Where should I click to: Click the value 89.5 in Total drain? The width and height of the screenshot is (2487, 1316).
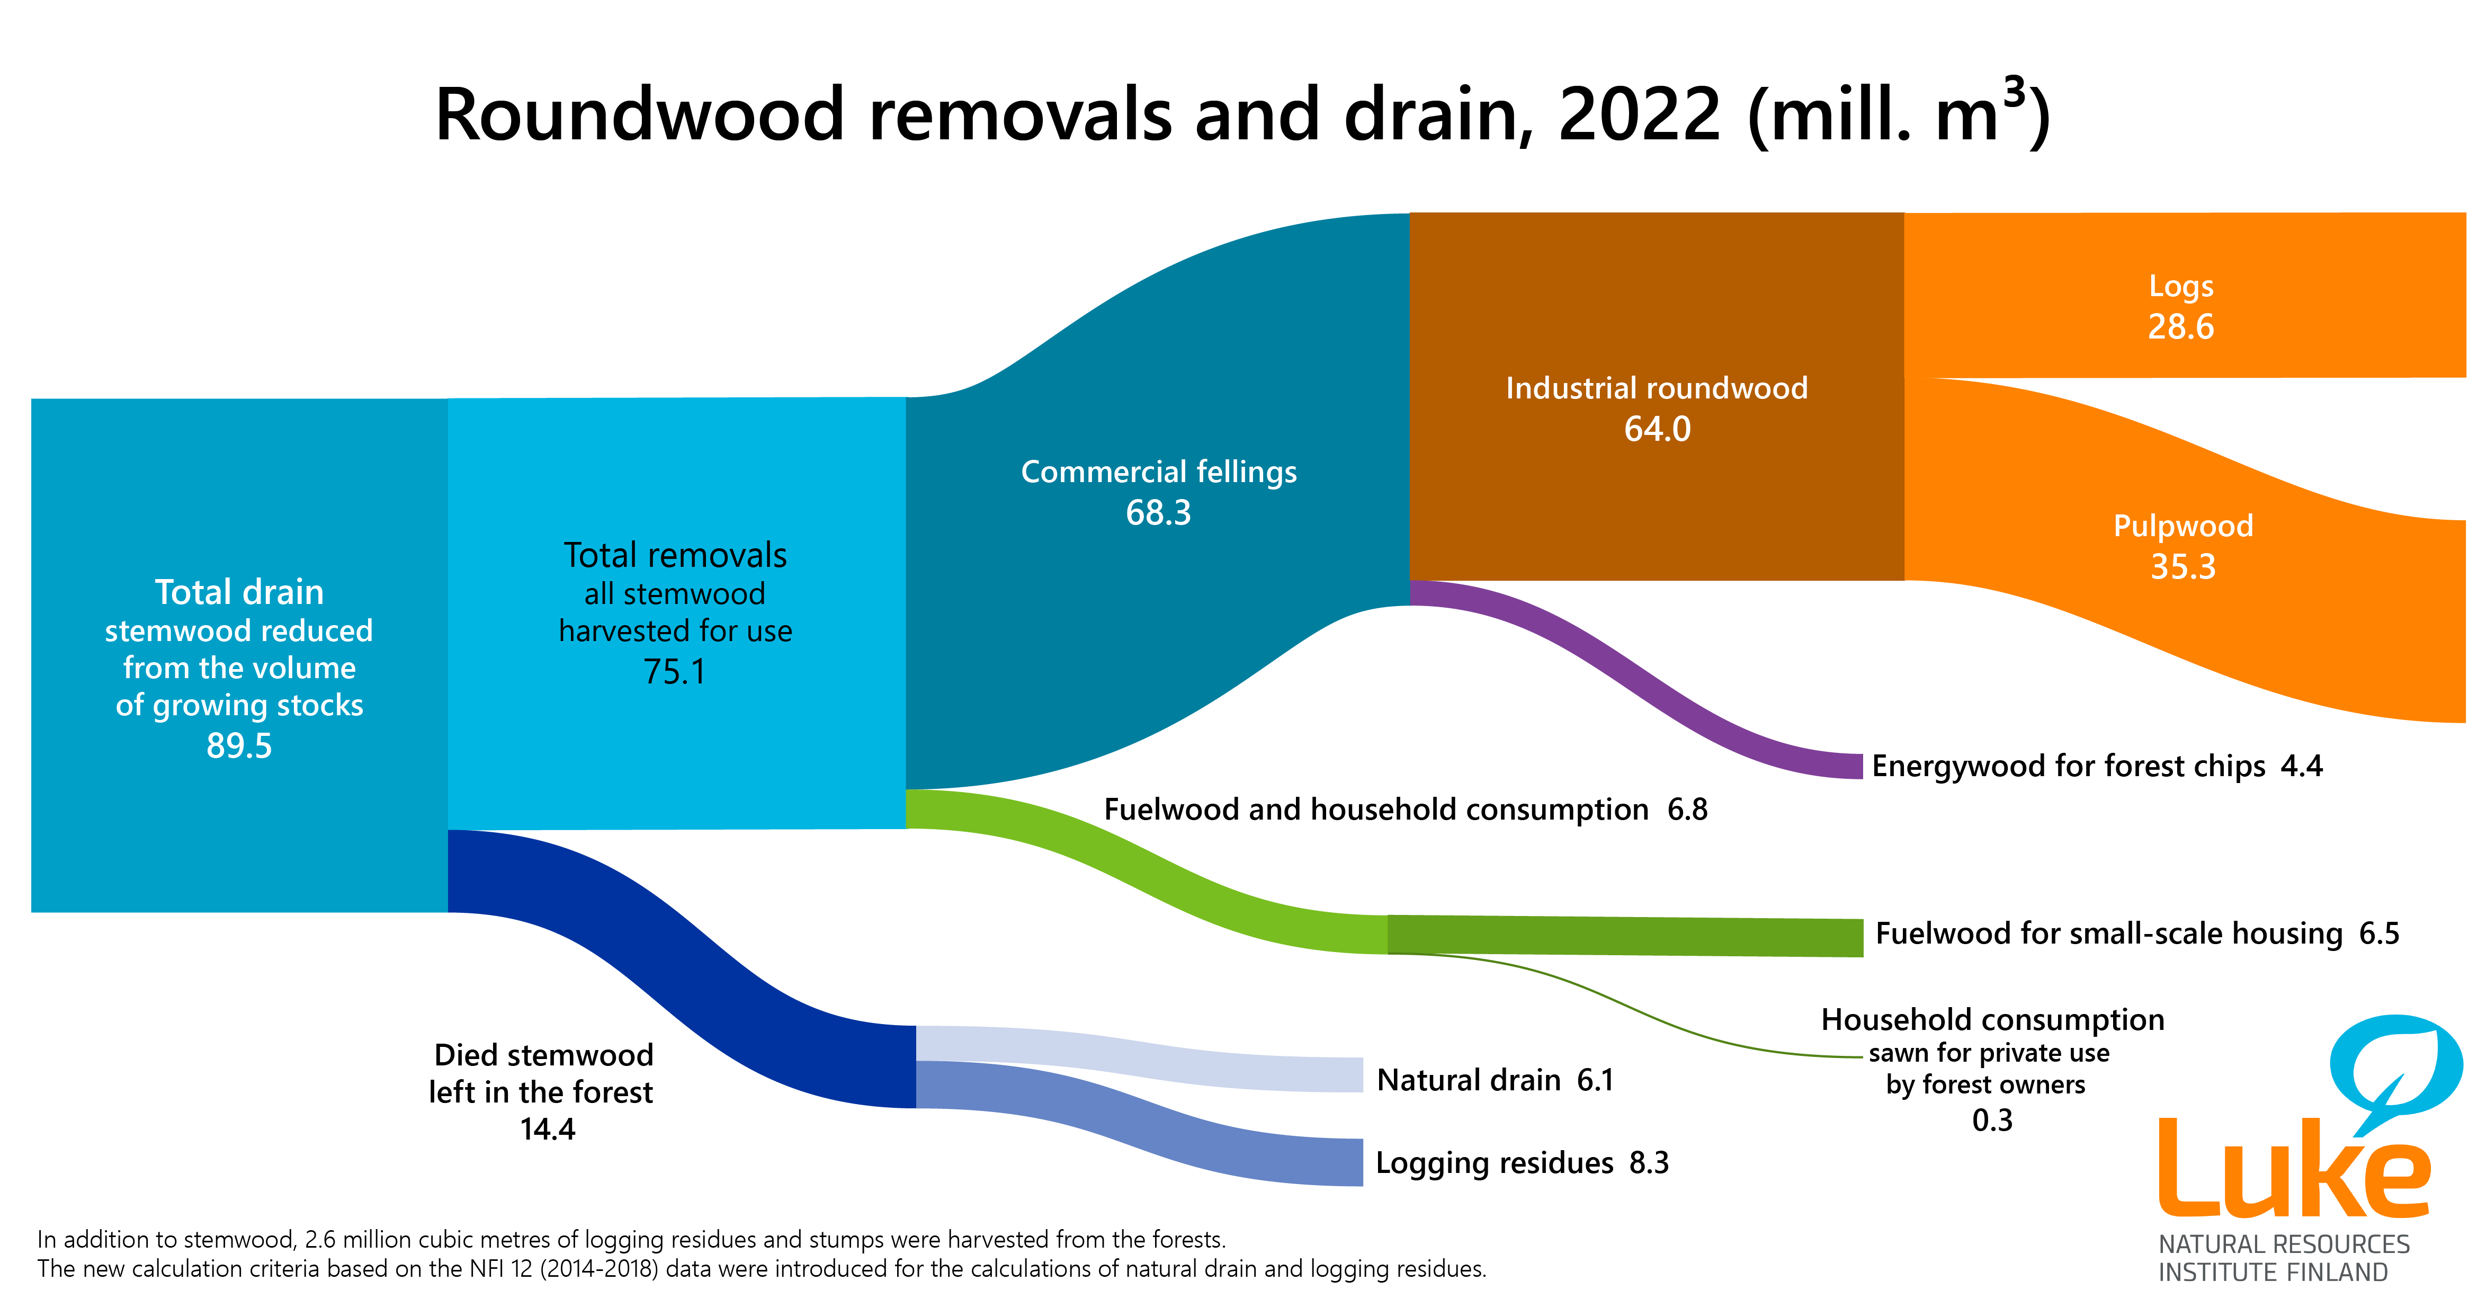(x=239, y=745)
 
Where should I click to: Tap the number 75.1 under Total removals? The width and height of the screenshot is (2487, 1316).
(x=675, y=671)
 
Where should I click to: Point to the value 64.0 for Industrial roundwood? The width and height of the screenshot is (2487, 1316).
(x=1657, y=429)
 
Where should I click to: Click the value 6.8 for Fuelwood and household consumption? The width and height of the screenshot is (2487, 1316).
(x=1688, y=809)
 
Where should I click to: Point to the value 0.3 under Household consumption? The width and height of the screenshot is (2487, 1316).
(x=1992, y=1120)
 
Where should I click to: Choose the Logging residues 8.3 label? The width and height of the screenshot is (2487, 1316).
(x=1522, y=1162)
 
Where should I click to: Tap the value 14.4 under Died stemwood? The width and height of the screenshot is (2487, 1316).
(x=548, y=1128)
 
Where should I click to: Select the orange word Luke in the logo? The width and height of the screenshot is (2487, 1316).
(x=2293, y=1173)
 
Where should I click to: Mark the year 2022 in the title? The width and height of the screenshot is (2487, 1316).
(x=1639, y=114)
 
